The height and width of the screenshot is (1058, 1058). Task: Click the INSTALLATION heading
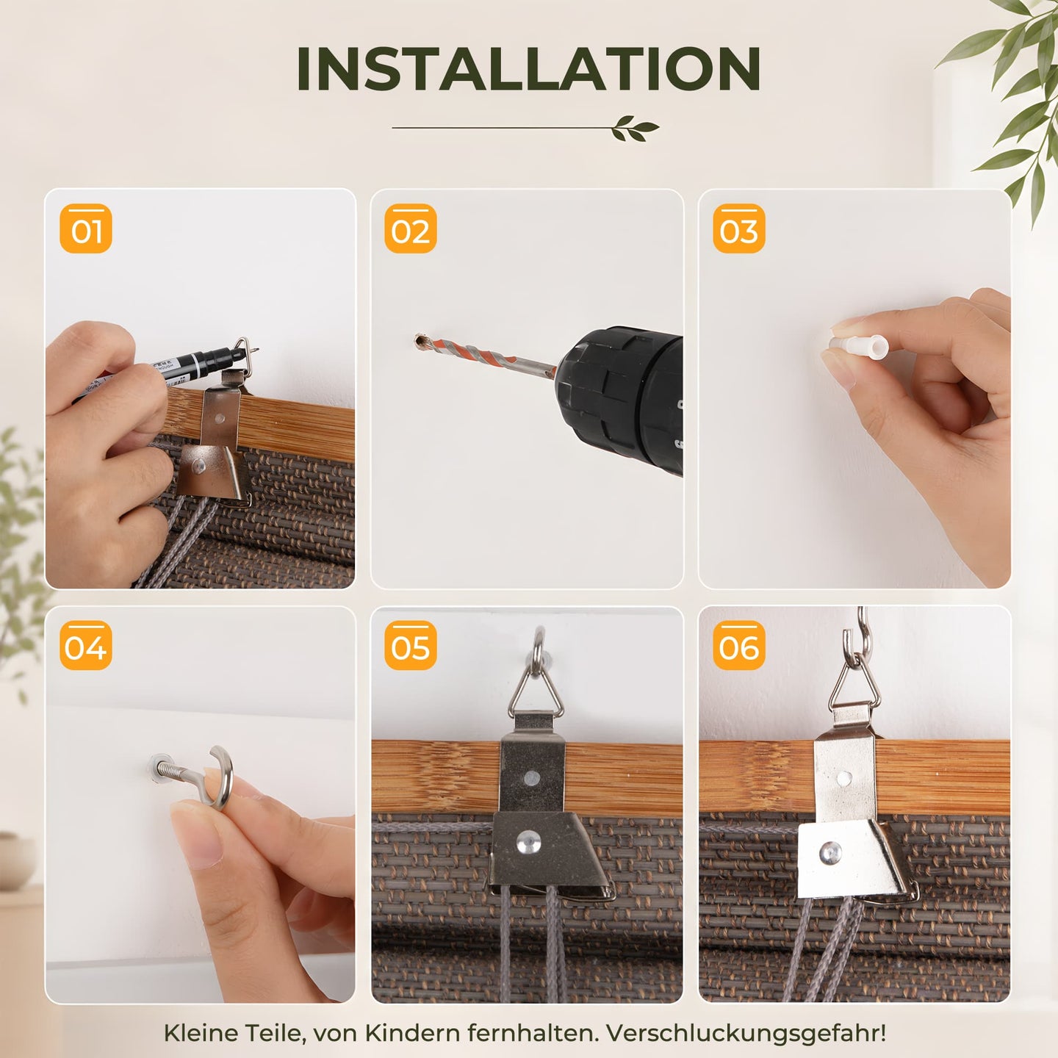coord(529,68)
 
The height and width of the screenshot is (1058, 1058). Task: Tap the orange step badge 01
coord(86,228)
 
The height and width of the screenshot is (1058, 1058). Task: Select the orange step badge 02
coord(411,228)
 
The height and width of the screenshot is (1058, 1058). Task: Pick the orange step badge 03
coord(739,228)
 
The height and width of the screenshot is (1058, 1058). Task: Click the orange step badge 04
coord(86,645)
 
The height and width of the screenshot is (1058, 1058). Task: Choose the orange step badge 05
coord(411,645)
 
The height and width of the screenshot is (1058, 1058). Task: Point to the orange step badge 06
coord(739,645)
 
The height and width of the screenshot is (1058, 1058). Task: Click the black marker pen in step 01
coord(165,368)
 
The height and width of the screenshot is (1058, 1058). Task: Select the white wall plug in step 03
coord(859,347)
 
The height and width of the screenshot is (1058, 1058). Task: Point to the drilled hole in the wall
coord(421,342)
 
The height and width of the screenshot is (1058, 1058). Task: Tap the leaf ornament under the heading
coord(636,128)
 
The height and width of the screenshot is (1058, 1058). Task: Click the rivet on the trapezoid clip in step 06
coord(830,852)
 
